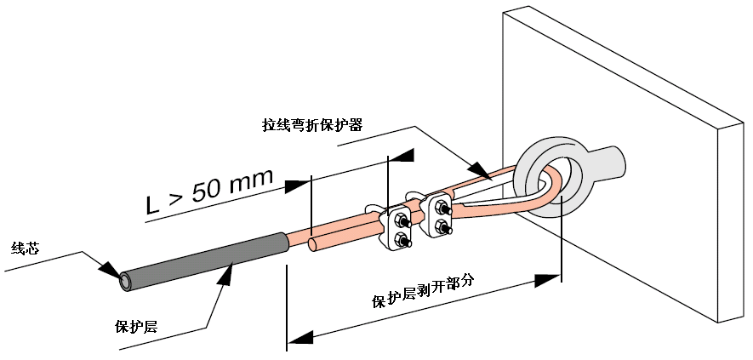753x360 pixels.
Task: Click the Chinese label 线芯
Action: (x=24, y=249)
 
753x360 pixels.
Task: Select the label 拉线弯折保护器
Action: (x=312, y=124)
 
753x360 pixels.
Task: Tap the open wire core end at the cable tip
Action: (x=126, y=280)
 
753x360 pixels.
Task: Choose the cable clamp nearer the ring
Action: (x=442, y=215)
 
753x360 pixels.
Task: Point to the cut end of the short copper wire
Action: (x=313, y=246)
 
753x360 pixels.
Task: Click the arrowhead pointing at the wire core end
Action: (x=108, y=270)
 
